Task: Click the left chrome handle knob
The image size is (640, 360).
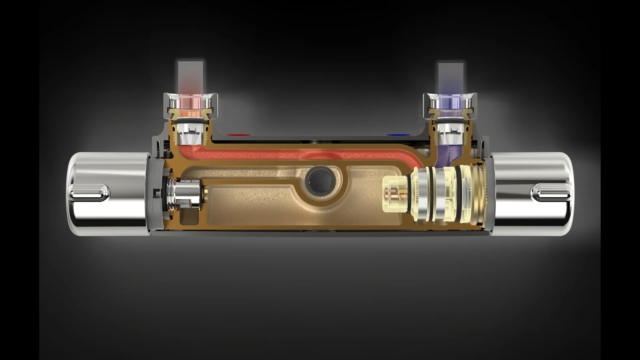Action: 110,194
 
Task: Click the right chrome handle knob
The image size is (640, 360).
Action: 530,194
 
